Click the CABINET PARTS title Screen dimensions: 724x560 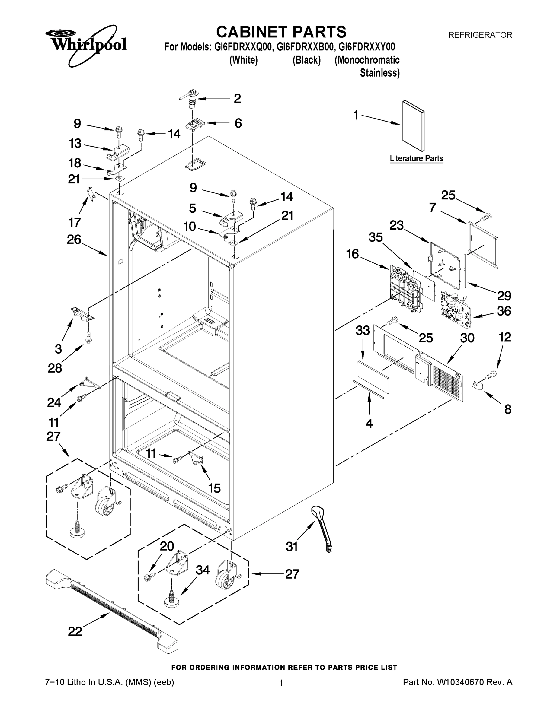click(281, 32)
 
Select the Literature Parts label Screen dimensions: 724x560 click(416, 158)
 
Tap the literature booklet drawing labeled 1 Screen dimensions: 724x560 click(413, 126)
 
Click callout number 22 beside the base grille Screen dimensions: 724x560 click(75, 631)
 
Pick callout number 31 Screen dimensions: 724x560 click(292, 546)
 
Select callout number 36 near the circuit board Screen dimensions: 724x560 click(504, 311)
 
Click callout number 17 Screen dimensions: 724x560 click(75, 222)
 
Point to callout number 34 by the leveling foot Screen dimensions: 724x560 click(203, 570)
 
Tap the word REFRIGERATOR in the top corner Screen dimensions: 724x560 click(480, 35)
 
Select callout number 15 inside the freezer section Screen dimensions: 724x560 click(214, 488)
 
